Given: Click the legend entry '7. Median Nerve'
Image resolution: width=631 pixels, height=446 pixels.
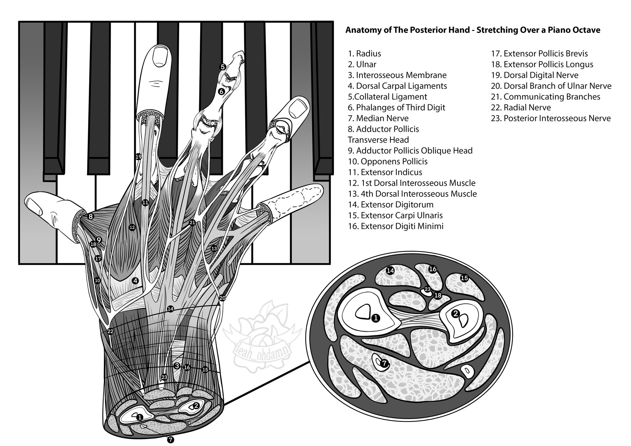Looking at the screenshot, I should (378, 118).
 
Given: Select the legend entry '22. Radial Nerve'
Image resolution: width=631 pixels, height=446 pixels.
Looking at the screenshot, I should (521, 107).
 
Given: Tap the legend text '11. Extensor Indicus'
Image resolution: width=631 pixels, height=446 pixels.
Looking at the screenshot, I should (385, 172).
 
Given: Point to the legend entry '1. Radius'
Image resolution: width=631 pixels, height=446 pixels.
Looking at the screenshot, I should (364, 54).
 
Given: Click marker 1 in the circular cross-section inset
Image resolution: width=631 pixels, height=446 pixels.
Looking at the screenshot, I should (376, 318).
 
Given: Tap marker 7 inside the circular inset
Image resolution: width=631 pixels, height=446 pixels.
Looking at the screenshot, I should (385, 363).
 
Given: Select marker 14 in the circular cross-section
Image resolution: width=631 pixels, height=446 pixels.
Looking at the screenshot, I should (390, 271).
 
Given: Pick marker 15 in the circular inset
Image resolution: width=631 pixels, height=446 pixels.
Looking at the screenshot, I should (464, 278).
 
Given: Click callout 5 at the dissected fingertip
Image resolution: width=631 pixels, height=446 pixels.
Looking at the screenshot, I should (222, 67).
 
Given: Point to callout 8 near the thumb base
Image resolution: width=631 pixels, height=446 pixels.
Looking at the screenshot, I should (91, 216).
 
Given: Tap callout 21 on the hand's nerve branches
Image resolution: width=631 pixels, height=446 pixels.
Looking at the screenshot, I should (192, 223).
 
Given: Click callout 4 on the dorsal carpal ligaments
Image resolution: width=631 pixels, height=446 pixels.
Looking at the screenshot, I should (135, 280).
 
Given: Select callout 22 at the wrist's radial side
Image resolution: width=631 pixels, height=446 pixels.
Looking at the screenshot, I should (110, 331).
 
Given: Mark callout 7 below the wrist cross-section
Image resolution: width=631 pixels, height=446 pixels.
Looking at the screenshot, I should (170, 439).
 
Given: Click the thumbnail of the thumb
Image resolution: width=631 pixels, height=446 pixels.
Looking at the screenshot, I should (34, 206).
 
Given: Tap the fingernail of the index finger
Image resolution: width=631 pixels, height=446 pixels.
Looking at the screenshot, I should (161, 56).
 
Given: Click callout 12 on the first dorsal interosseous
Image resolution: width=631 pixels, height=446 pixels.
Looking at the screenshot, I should (132, 227).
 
